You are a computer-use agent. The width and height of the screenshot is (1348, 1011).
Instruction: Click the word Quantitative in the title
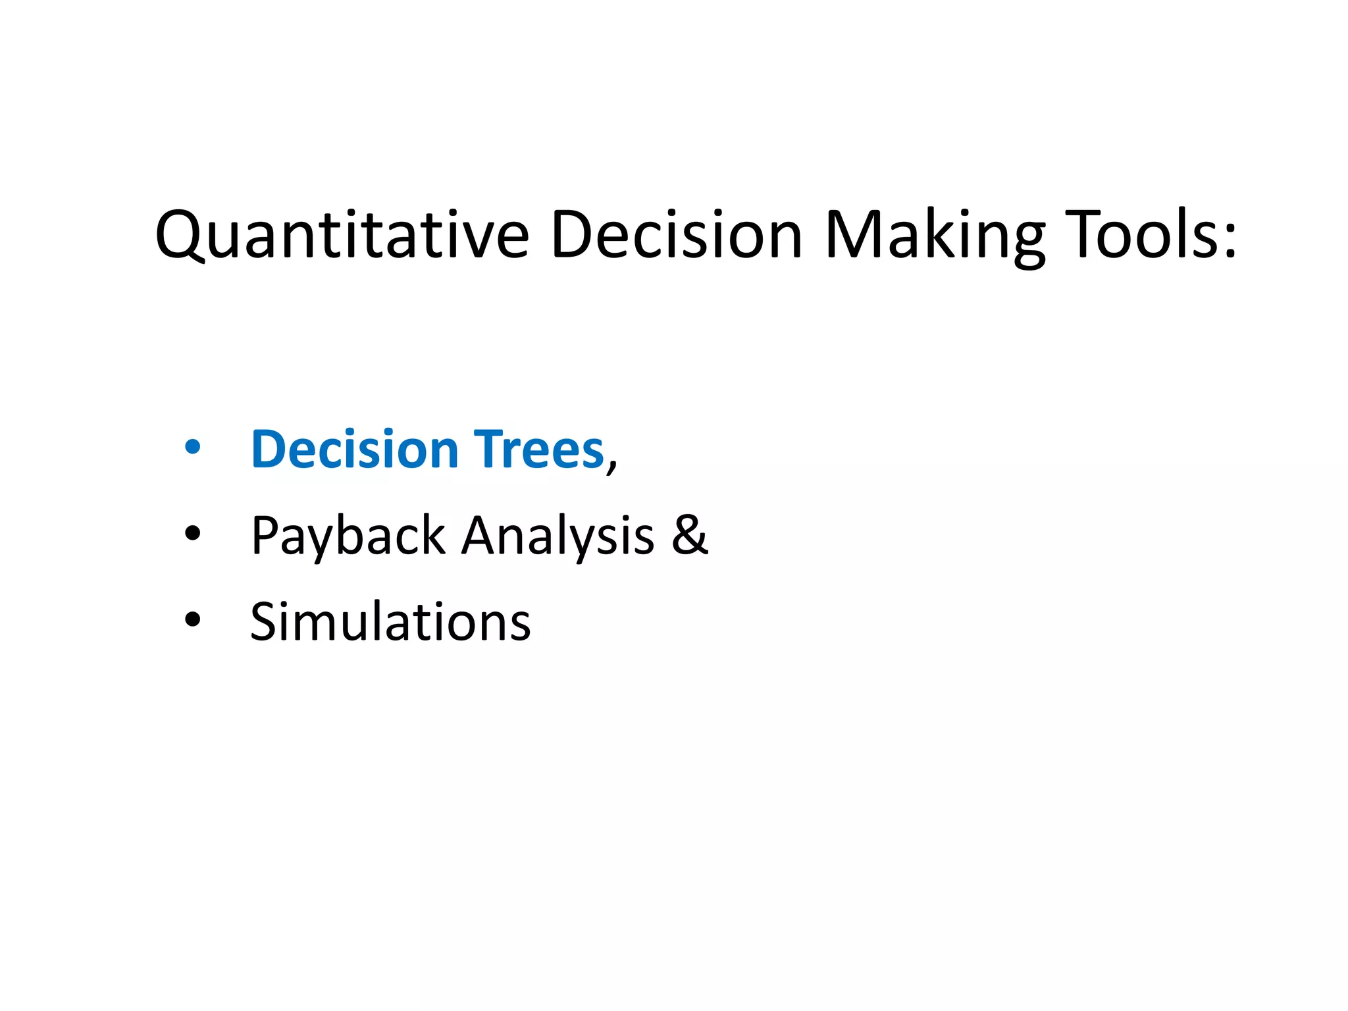[342, 235]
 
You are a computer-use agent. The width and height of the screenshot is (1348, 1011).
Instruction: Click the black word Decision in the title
[676, 235]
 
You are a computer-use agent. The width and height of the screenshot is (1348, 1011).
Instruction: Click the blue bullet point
[192, 448]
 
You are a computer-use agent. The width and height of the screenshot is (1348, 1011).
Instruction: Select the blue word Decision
[355, 449]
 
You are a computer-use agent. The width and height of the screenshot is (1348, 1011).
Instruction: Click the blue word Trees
[538, 449]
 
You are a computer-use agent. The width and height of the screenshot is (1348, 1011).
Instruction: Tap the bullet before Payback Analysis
[192, 534]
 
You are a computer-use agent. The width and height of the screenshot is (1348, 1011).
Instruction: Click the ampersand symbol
[689, 534]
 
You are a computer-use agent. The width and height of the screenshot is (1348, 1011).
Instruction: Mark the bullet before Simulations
[192, 620]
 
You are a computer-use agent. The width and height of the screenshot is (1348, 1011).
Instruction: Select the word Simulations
[390, 621]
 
